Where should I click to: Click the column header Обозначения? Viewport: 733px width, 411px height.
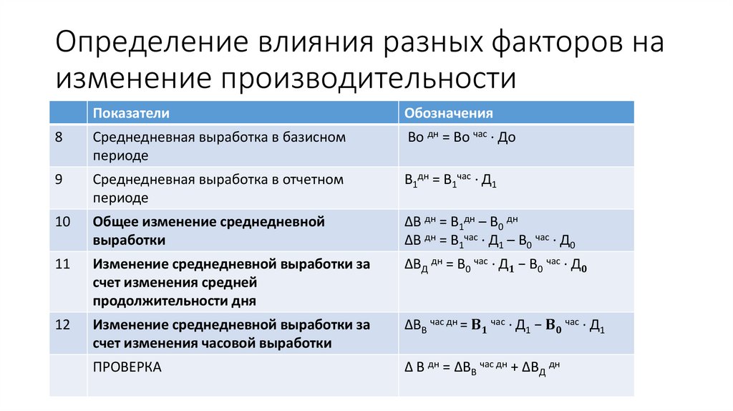449,112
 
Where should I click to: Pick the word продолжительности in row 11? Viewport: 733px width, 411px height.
174,301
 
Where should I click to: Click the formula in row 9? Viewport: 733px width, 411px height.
450,180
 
